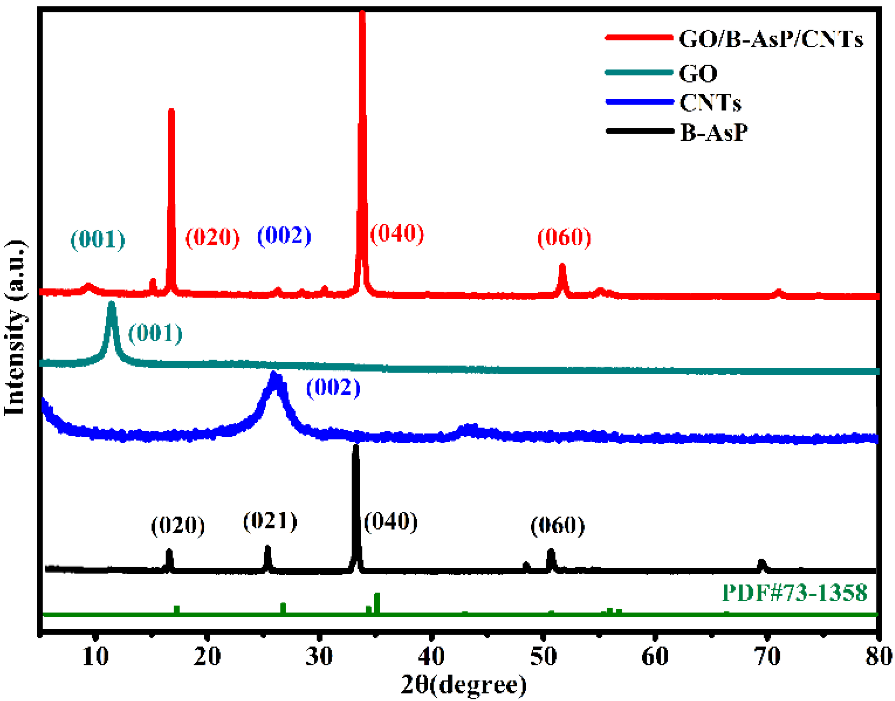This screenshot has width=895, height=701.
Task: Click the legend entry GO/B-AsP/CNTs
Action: pos(771,40)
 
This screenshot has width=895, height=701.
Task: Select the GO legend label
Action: pos(698,74)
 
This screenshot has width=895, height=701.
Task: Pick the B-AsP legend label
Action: pos(714,132)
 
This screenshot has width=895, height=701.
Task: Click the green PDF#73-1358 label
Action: pos(794,593)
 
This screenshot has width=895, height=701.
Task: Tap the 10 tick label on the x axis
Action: pos(95,656)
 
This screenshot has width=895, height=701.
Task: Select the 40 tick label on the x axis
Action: pos(431,656)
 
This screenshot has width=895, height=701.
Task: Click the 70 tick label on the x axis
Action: pos(767,656)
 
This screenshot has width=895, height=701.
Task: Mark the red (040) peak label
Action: pos(397,233)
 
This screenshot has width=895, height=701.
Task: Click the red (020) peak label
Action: pos(212,237)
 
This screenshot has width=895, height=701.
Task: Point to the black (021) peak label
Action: pos(270,521)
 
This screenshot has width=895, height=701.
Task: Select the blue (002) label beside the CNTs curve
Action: pos(333,387)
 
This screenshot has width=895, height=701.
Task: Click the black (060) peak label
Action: pos(557,525)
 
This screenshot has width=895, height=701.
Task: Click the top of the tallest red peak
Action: pos(362,12)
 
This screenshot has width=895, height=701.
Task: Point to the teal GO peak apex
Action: pos(111,304)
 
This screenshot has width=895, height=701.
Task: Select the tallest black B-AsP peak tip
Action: pos(356,446)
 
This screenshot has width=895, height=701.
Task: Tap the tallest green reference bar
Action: pos(377,595)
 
